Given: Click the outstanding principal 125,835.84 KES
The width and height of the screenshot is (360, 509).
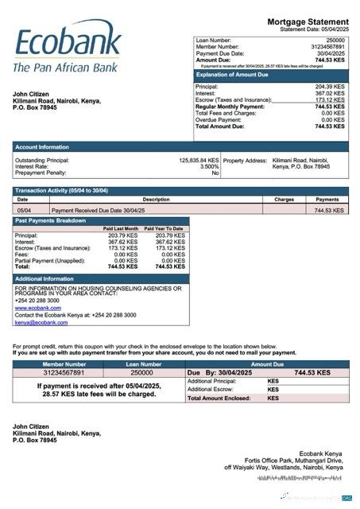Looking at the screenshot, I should tap(198, 160).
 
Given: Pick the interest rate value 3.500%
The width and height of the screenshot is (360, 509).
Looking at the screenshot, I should tap(209, 166).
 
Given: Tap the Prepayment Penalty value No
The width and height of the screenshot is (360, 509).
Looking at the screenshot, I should tap(215, 173).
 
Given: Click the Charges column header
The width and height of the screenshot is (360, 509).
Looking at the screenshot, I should tap(285, 200).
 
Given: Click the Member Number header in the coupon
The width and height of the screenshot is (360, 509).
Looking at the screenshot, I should tap(64, 363).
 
